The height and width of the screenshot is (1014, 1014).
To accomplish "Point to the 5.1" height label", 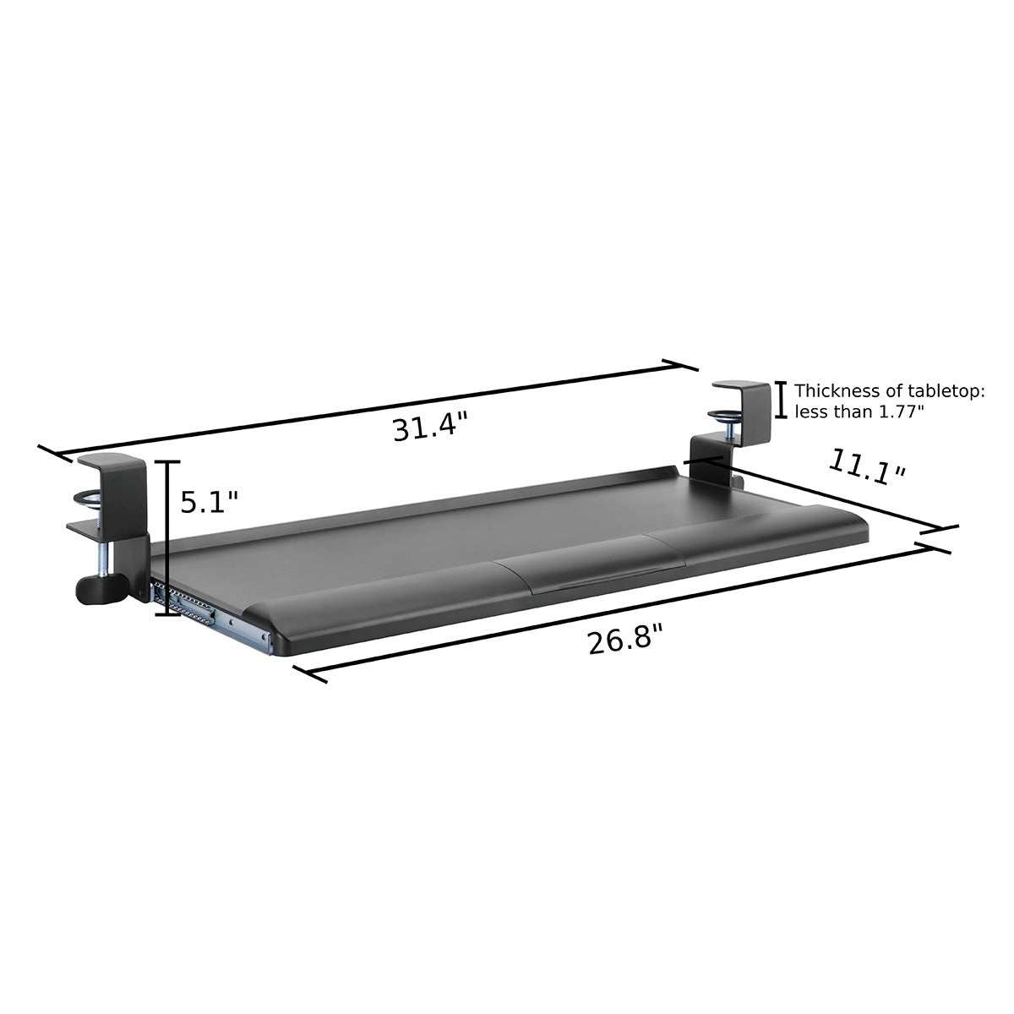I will [x=210, y=503].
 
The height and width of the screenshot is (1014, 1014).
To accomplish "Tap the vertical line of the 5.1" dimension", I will [x=168, y=537].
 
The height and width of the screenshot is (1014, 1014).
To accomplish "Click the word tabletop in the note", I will [x=945, y=391].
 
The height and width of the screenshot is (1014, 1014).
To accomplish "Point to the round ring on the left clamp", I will [x=89, y=499].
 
